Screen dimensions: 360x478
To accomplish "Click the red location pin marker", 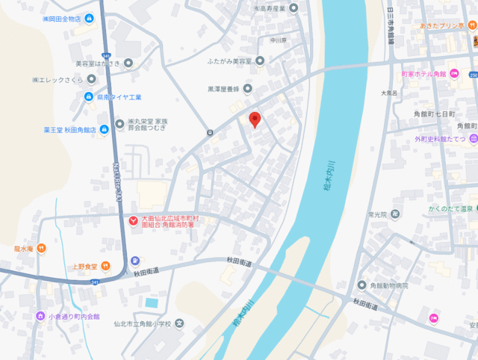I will click(255, 120).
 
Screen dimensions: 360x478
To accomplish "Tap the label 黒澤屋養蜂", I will click(223, 89).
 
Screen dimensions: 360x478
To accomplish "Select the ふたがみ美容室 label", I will click(224, 60).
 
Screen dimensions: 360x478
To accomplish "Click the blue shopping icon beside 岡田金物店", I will click(90, 18).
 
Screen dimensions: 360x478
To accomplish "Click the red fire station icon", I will click(133, 221).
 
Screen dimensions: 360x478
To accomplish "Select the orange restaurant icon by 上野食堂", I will click(106, 266).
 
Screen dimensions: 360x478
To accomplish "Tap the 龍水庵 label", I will click(23, 248).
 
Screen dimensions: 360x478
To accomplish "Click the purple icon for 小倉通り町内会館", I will click(40, 316).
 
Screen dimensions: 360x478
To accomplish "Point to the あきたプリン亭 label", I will click(441, 25).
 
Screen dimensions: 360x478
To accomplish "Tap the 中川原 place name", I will click(279, 40).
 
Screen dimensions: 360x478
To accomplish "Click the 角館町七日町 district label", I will click(429, 113).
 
